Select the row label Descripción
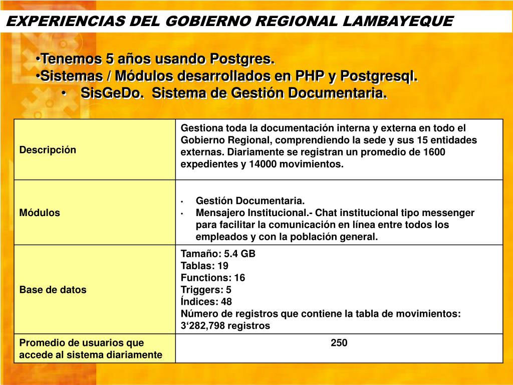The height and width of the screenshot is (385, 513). coord(48,150)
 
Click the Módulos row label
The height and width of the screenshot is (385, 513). coord(40,213)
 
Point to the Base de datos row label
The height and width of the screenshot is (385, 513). coord(53,290)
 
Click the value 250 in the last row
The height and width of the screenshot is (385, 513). coord(339,343)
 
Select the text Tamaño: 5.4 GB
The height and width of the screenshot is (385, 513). coord(218,254)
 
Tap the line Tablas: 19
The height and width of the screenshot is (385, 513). coord(204,266)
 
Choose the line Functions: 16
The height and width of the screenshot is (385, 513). coord(213,278)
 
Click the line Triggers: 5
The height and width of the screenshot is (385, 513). coord(206,290)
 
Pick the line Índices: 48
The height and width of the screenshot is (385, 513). coord(206,302)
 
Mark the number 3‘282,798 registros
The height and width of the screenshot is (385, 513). coord(225,326)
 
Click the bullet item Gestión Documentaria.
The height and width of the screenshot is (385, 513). coord(250,201)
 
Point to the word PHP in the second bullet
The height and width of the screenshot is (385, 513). coord(310,76)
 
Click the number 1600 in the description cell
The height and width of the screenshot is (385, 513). coord(434,152)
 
